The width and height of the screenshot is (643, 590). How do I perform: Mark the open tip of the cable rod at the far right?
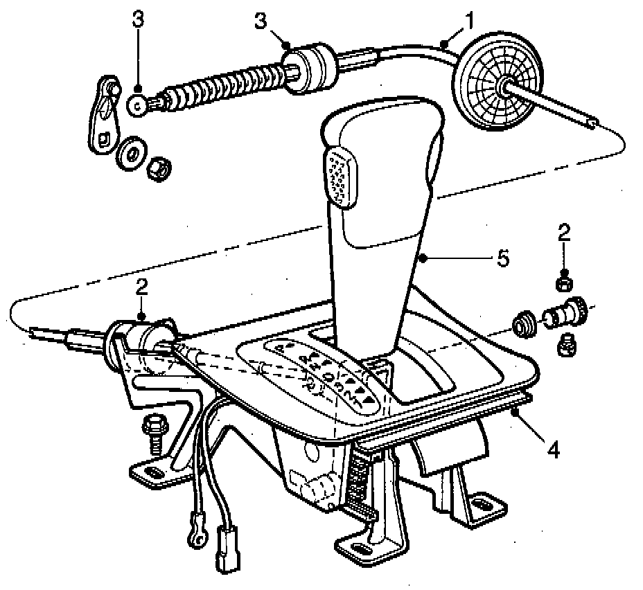[591, 123]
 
